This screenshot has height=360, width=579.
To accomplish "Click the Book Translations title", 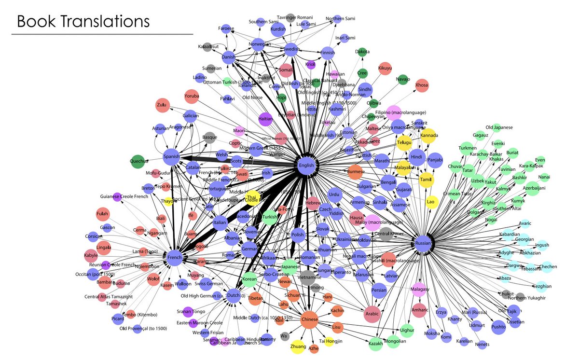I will pos(83,21).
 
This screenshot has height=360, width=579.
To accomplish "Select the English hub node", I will pos(307,165).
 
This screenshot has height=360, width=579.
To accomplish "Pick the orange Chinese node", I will pos(309,319).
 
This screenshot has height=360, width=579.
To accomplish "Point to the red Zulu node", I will pos(162,105).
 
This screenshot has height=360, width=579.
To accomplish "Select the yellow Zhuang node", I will pos(298,346).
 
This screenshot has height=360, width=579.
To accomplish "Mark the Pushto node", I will pos(498,327).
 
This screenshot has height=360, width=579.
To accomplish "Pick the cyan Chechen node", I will pos(548,266).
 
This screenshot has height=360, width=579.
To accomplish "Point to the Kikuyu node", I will pos(385,69).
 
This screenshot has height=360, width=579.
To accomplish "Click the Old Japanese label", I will pos(499,127).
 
